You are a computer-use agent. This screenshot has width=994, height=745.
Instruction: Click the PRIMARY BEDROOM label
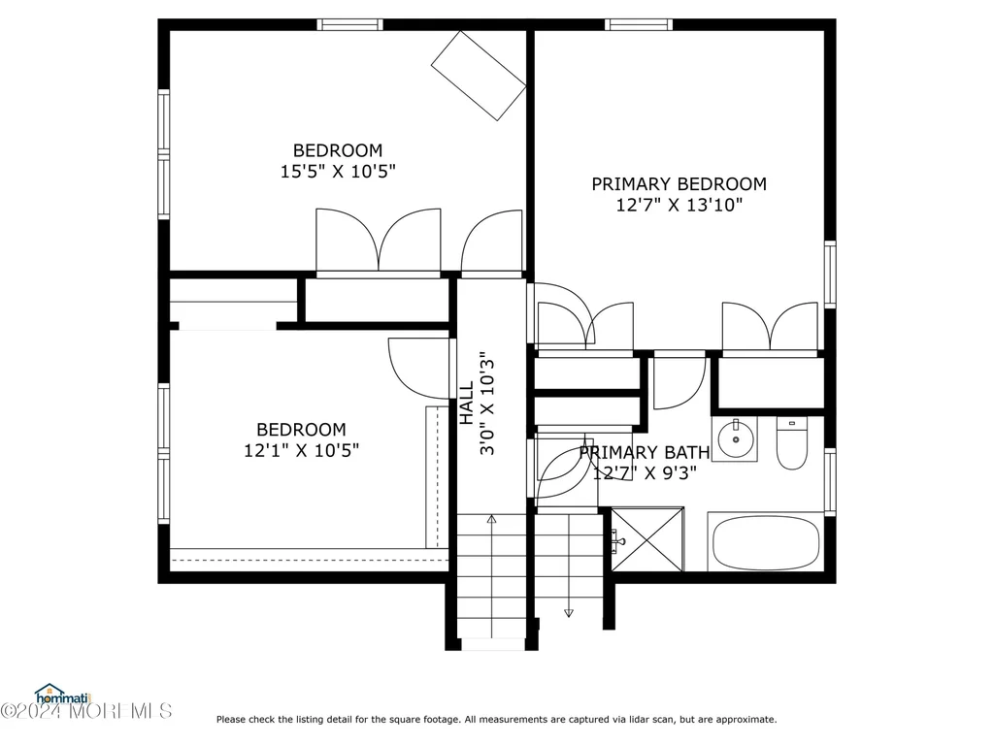tap(679, 183)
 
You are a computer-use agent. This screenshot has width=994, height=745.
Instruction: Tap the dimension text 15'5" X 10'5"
tap(338, 171)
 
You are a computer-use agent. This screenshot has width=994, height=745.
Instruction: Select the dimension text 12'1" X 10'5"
tap(301, 450)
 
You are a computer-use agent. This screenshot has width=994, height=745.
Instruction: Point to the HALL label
tap(466, 403)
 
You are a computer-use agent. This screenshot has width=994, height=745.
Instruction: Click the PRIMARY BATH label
tap(645, 452)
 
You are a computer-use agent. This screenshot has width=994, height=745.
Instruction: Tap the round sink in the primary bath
tap(736, 438)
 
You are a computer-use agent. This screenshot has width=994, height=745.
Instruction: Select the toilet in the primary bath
tap(792, 442)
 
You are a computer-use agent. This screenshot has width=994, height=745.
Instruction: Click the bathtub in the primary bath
tap(766, 543)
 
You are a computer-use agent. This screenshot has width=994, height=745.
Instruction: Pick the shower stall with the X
tap(647, 539)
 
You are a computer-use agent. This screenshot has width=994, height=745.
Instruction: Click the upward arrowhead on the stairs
tap(491, 520)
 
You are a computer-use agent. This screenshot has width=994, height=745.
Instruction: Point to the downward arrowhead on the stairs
tap(569, 613)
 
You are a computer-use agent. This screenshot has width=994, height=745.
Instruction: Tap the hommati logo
tap(63, 695)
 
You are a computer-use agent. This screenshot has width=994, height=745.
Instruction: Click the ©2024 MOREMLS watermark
tap(86, 711)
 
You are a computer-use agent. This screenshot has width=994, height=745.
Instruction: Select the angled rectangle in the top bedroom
tap(479, 76)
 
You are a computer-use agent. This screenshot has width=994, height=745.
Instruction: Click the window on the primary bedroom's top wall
tap(639, 24)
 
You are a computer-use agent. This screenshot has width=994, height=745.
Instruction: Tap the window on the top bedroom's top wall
tap(349, 24)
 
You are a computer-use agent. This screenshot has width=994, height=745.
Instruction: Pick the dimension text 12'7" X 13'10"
tap(679, 205)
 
